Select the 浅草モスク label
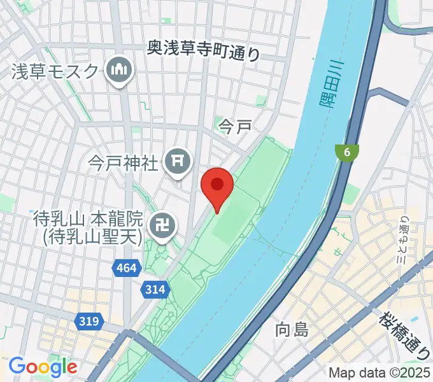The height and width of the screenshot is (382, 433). (56, 71)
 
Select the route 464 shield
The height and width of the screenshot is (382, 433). (126, 269)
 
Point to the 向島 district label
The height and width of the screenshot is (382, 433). (292, 330)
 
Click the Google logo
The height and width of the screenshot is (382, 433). (43, 367)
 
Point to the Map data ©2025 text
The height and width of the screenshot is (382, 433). (380, 372)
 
